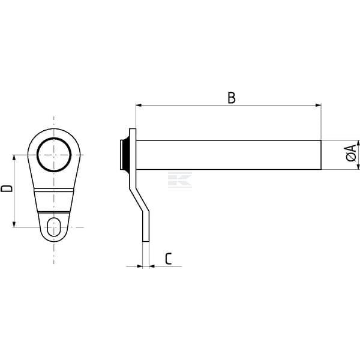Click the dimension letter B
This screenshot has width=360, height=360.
click(x=232, y=98)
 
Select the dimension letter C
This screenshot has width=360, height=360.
click(x=168, y=259)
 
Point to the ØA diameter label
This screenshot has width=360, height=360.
click(x=351, y=153)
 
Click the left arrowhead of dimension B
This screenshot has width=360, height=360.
click(x=139, y=106)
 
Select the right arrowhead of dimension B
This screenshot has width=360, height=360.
click(x=318, y=106)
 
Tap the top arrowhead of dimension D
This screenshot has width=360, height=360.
click(x=14, y=158)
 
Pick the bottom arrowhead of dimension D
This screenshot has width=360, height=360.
click(x=14, y=224)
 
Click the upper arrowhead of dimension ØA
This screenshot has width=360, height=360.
click(x=358, y=143)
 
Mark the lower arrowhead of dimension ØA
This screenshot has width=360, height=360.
click(x=358, y=167)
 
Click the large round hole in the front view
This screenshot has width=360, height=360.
click(x=54, y=155)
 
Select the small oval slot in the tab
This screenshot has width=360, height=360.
click(x=54, y=227)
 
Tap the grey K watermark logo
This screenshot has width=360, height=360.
click(x=180, y=180)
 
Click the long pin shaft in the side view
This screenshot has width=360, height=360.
click(x=229, y=155)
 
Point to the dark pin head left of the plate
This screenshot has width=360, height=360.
click(x=125, y=155)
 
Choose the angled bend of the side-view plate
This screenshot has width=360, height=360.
click(x=139, y=200)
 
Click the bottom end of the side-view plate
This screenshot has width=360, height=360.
click(x=146, y=241)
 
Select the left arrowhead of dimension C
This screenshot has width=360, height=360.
click(x=140, y=266)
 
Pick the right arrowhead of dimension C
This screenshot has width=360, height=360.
click(x=152, y=266)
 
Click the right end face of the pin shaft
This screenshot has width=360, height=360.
click(x=321, y=155)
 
